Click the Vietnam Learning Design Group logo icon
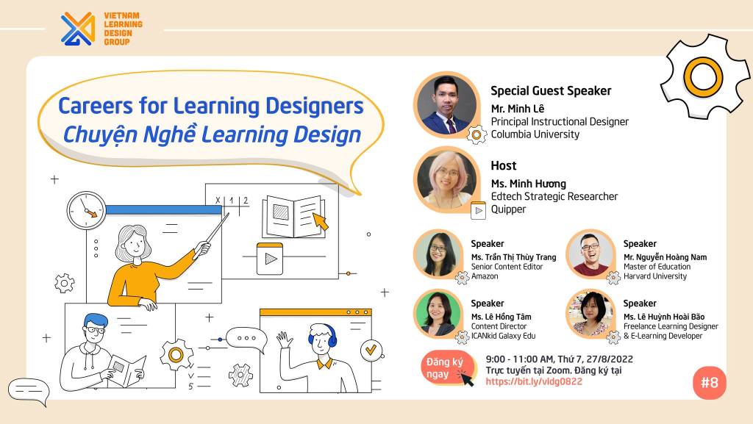point(78,29)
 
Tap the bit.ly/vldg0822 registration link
point(534,382)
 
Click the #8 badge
point(710,383)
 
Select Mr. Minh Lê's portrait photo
point(446,105)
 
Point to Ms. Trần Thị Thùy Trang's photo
point(438,254)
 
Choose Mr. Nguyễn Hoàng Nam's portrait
point(590,254)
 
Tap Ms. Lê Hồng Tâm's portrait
point(438,313)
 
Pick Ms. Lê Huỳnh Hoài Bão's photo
point(590,313)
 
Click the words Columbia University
point(535,134)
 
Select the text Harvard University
point(655,276)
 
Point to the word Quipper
point(508,209)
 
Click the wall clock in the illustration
point(87,211)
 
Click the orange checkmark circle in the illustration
point(371,350)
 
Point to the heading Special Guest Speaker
point(551,90)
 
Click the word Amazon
point(485,276)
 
